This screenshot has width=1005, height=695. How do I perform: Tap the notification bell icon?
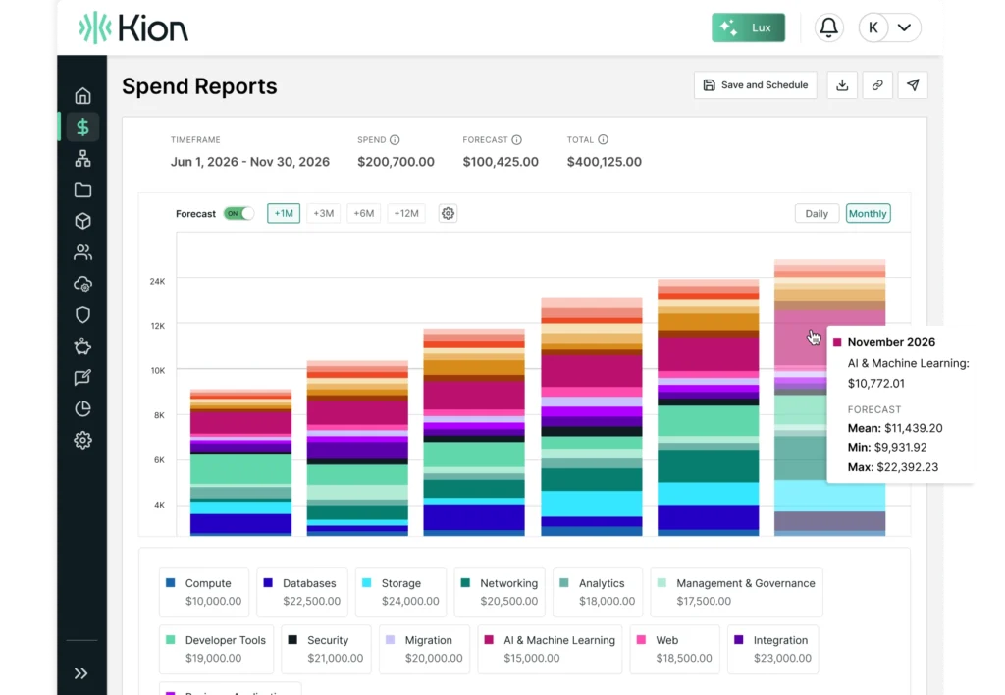pyautogui.click(x=829, y=27)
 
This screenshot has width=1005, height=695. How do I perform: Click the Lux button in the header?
pyautogui.click(x=750, y=27)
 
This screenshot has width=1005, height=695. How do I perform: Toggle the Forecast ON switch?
pyautogui.click(x=238, y=213)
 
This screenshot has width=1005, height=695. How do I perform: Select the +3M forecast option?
pyautogui.click(x=323, y=213)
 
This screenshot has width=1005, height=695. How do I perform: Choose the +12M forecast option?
pyautogui.click(x=405, y=213)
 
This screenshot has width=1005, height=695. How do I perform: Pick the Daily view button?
pyautogui.click(x=817, y=213)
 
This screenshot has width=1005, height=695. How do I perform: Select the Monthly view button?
pyautogui.click(x=868, y=213)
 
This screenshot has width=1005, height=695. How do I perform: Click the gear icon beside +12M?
pyautogui.click(x=448, y=213)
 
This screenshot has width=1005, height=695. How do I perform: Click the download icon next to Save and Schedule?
pyautogui.click(x=842, y=85)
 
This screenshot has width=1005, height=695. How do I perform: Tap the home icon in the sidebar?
pyautogui.click(x=82, y=95)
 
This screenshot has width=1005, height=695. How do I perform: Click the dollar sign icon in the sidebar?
pyautogui.click(x=82, y=127)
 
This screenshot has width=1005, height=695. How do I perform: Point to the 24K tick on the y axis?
pyautogui.click(x=157, y=281)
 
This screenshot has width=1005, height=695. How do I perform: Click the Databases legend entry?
pyautogui.click(x=301, y=592)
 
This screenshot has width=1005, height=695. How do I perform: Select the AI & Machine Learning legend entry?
pyautogui.click(x=549, y=649)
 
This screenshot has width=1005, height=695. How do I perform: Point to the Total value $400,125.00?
pyautogui.click(x=604, y=162)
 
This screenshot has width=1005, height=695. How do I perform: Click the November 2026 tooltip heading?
pyautogui.click(x=891, y=342)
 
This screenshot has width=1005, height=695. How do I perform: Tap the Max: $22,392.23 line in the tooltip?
pyautogui.click(x=893, y=467)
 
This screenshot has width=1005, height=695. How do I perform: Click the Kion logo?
pyautogui.click(x=133, y=27)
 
